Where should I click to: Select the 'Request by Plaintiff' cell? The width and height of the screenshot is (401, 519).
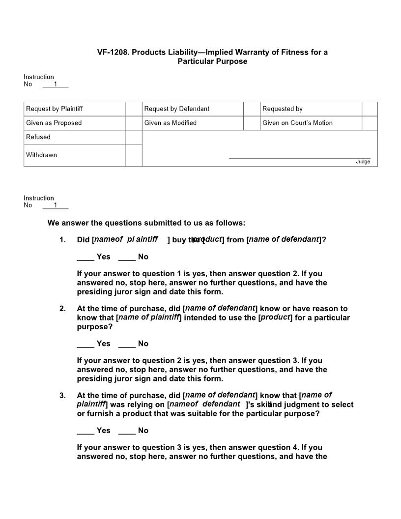click(54, 109)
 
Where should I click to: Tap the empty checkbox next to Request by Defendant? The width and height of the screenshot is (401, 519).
click(252, 109)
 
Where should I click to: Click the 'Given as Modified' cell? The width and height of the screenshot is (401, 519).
click(171, 123)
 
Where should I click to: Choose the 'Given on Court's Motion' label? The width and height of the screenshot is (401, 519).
click(297, 123)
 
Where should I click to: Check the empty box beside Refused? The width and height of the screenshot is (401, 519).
click(133, 137)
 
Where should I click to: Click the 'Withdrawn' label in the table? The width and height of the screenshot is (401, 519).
click(41, 155)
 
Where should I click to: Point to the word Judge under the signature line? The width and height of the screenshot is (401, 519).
click(363, 162)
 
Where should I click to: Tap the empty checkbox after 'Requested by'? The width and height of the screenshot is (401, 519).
click(370, 109)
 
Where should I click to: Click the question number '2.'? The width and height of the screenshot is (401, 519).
click(62, 309)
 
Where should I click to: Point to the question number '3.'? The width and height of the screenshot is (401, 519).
click(62, 395)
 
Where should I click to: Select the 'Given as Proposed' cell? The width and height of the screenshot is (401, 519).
click(54, 123)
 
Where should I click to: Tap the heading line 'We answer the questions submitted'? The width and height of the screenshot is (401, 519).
click(146, 223)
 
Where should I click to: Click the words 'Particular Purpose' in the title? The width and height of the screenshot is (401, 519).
click(212, 61)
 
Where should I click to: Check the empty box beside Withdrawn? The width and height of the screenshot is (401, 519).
click(133, 155)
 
